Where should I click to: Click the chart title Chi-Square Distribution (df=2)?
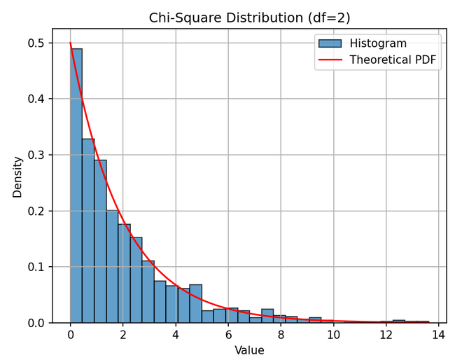pos(249,18)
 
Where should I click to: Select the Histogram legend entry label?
pos(377,43)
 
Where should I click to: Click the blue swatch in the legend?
pos(330,43)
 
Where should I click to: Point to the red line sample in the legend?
pos(330,60)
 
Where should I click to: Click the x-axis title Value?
pos(249,350)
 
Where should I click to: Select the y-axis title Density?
pos(17,176)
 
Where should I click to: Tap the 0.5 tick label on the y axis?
pos(35,43)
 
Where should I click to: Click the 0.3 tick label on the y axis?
pos(35,155)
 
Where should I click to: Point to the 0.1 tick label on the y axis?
pos(35,267)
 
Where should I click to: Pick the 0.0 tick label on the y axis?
pos(35,323)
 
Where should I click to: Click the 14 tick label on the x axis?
pos(439,335)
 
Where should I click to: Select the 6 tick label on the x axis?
pos(228,335)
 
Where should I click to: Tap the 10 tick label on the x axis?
pos(333,335)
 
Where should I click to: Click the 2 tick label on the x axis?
pos(123,335)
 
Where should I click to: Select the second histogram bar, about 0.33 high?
pos(88,231)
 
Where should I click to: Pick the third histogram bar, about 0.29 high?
pos(100,242)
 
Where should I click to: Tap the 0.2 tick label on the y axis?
pos(35,211)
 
